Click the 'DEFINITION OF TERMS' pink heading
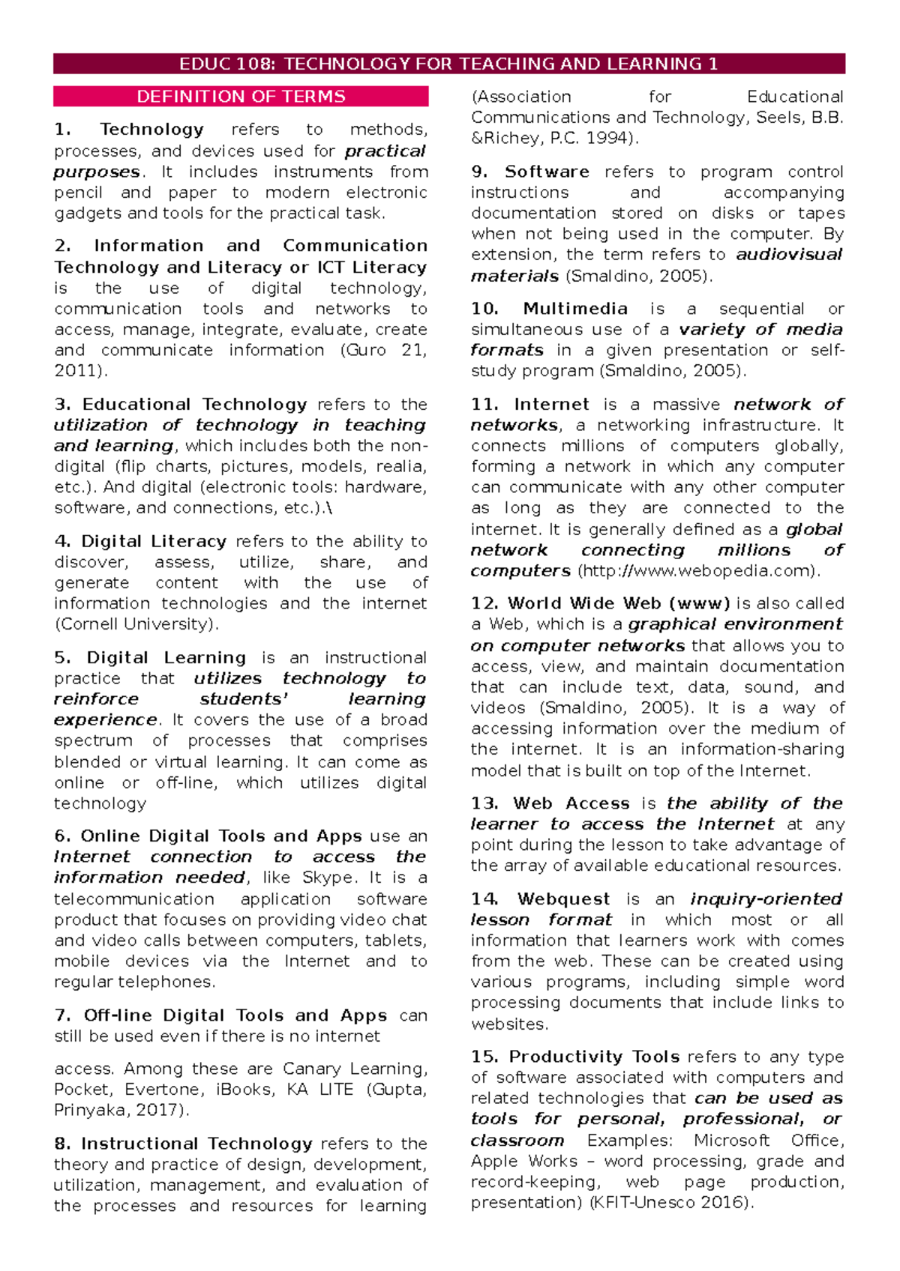click(241, 97)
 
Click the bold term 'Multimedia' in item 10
click(574, 309)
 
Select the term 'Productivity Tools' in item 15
click(594, 1057)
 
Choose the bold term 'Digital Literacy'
click(154, 542)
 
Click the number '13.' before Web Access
click(484, 803)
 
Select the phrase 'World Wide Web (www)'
click(619, 603)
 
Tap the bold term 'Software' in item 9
click(547, 172)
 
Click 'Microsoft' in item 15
click(731, 1141)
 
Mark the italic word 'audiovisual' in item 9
click(789, 255)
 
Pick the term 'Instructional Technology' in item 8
click(196, 1144)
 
